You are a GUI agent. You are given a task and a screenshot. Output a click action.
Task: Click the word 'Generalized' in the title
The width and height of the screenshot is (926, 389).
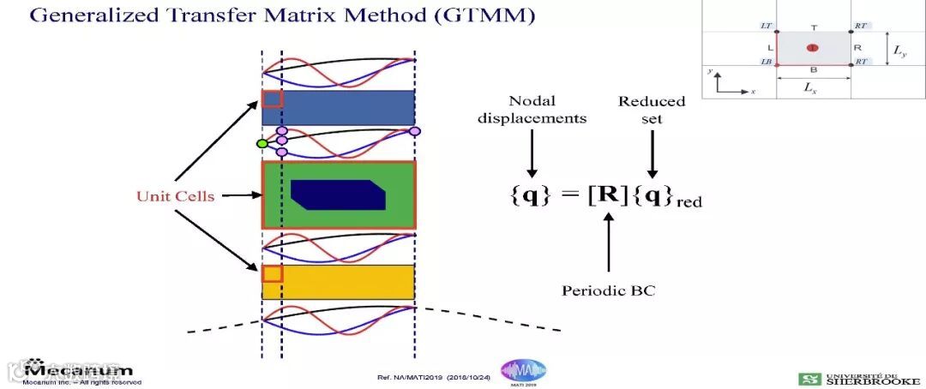coord(98,16)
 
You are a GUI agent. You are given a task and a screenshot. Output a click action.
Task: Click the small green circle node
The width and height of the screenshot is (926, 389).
coord(262,143)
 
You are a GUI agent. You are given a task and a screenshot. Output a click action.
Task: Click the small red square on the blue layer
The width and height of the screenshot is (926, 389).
coord(272,99)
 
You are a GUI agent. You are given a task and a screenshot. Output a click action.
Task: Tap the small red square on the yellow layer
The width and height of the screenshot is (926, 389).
coord(272,273)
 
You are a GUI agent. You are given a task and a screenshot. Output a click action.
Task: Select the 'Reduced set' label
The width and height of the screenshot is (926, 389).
coord(652,110)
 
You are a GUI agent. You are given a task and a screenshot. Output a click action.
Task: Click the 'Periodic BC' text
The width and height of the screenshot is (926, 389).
coord(608,290)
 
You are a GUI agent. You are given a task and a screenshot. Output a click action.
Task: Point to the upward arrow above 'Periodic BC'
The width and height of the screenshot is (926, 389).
coord(609,244)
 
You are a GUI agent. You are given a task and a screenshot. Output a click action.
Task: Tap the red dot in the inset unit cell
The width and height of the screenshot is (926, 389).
coord(813,48)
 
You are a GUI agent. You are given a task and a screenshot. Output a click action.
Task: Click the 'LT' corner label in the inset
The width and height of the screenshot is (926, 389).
coord(767,27)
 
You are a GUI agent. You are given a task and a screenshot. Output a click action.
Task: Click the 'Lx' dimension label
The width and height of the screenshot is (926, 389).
coord(814,88)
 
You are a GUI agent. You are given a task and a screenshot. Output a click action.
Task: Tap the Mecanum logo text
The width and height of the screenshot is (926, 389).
coord(79,370)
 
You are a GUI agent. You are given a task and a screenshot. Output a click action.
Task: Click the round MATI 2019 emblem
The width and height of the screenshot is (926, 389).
coord(523,371)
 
